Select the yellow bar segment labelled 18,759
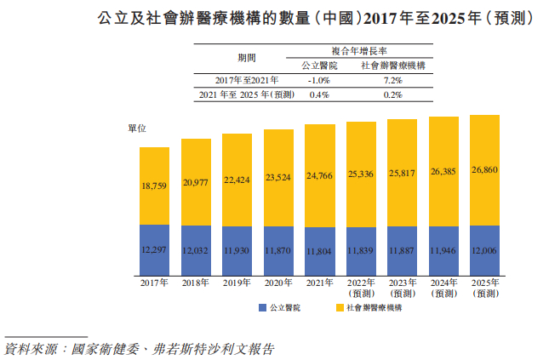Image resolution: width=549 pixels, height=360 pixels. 155,186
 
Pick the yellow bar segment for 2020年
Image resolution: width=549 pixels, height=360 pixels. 278,177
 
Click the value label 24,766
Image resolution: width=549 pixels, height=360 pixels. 320,174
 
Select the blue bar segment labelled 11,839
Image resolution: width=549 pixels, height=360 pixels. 361,250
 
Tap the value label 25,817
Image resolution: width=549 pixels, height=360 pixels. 403,173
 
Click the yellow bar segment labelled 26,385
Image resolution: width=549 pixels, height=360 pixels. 443,170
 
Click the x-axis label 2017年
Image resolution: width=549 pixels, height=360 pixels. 155,283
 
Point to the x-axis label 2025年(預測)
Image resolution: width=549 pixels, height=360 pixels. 484,288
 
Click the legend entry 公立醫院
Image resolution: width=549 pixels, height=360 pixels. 278,307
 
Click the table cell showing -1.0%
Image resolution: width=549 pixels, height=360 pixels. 318,80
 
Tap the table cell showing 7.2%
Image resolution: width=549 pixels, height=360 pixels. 392,80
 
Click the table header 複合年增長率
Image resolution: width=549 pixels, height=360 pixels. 355,51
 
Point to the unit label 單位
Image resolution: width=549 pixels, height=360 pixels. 137,128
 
